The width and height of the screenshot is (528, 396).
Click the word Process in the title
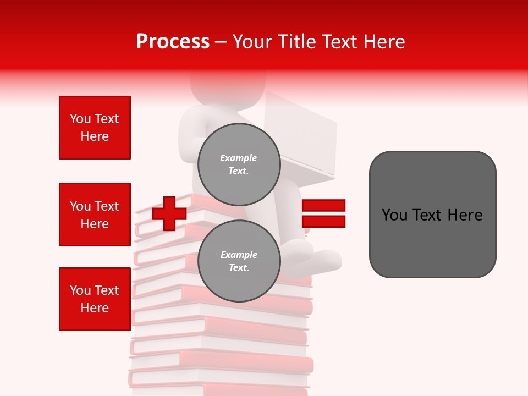point(173,42)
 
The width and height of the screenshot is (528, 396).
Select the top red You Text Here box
point(95,128)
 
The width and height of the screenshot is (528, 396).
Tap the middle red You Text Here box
point(95,215)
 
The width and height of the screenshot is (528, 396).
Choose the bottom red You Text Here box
point(95,299)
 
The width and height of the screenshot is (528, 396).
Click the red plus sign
point(169,213)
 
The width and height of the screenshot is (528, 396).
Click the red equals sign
point(323,213)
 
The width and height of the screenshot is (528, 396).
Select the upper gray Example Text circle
point(239,164)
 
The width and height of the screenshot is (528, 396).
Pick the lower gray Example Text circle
point(239,261)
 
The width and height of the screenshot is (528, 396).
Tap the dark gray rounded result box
point(432,215)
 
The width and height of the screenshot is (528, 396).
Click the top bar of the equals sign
point(323,206)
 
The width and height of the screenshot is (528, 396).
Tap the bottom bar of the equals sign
point(323,222)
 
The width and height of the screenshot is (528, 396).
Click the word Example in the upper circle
point(239,158)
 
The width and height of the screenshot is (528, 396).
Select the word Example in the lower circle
point(239,255)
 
